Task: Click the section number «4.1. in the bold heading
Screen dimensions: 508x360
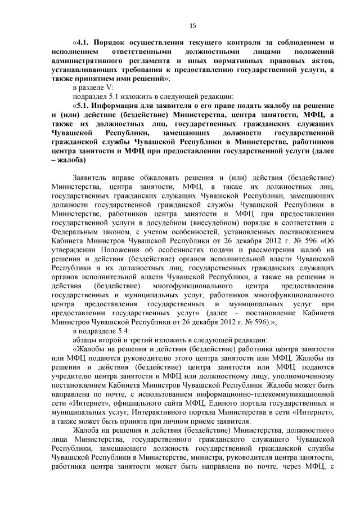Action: point(83,43)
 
